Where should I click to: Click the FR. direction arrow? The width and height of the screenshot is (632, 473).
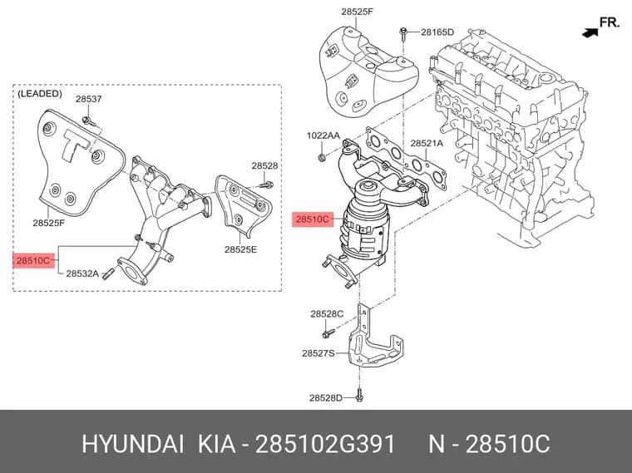590,33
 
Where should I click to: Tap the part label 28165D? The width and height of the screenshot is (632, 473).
437,32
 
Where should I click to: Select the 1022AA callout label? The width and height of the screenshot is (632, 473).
323,135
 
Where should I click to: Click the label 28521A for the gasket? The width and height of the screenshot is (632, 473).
427,143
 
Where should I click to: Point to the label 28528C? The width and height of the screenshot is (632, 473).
327,314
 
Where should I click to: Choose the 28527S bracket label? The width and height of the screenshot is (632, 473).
318,353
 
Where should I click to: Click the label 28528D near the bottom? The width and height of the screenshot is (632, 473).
326,398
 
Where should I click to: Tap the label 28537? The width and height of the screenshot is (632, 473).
89,99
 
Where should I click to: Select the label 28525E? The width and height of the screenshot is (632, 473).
240,249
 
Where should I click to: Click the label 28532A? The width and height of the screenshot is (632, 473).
82,274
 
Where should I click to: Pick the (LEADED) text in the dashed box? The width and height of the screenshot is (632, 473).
40,94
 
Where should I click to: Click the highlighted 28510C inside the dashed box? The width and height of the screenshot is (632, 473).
33,261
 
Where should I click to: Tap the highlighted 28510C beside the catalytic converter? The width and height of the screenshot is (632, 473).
313,219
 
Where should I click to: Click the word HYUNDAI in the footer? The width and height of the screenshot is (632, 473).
133,445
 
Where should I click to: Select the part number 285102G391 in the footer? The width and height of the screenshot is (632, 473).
326,445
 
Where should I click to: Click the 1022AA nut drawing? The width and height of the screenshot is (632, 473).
322,158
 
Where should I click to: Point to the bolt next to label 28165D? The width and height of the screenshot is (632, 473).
403,34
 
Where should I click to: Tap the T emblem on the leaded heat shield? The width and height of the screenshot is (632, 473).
76,145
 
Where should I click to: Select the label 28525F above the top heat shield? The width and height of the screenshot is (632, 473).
357,12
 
